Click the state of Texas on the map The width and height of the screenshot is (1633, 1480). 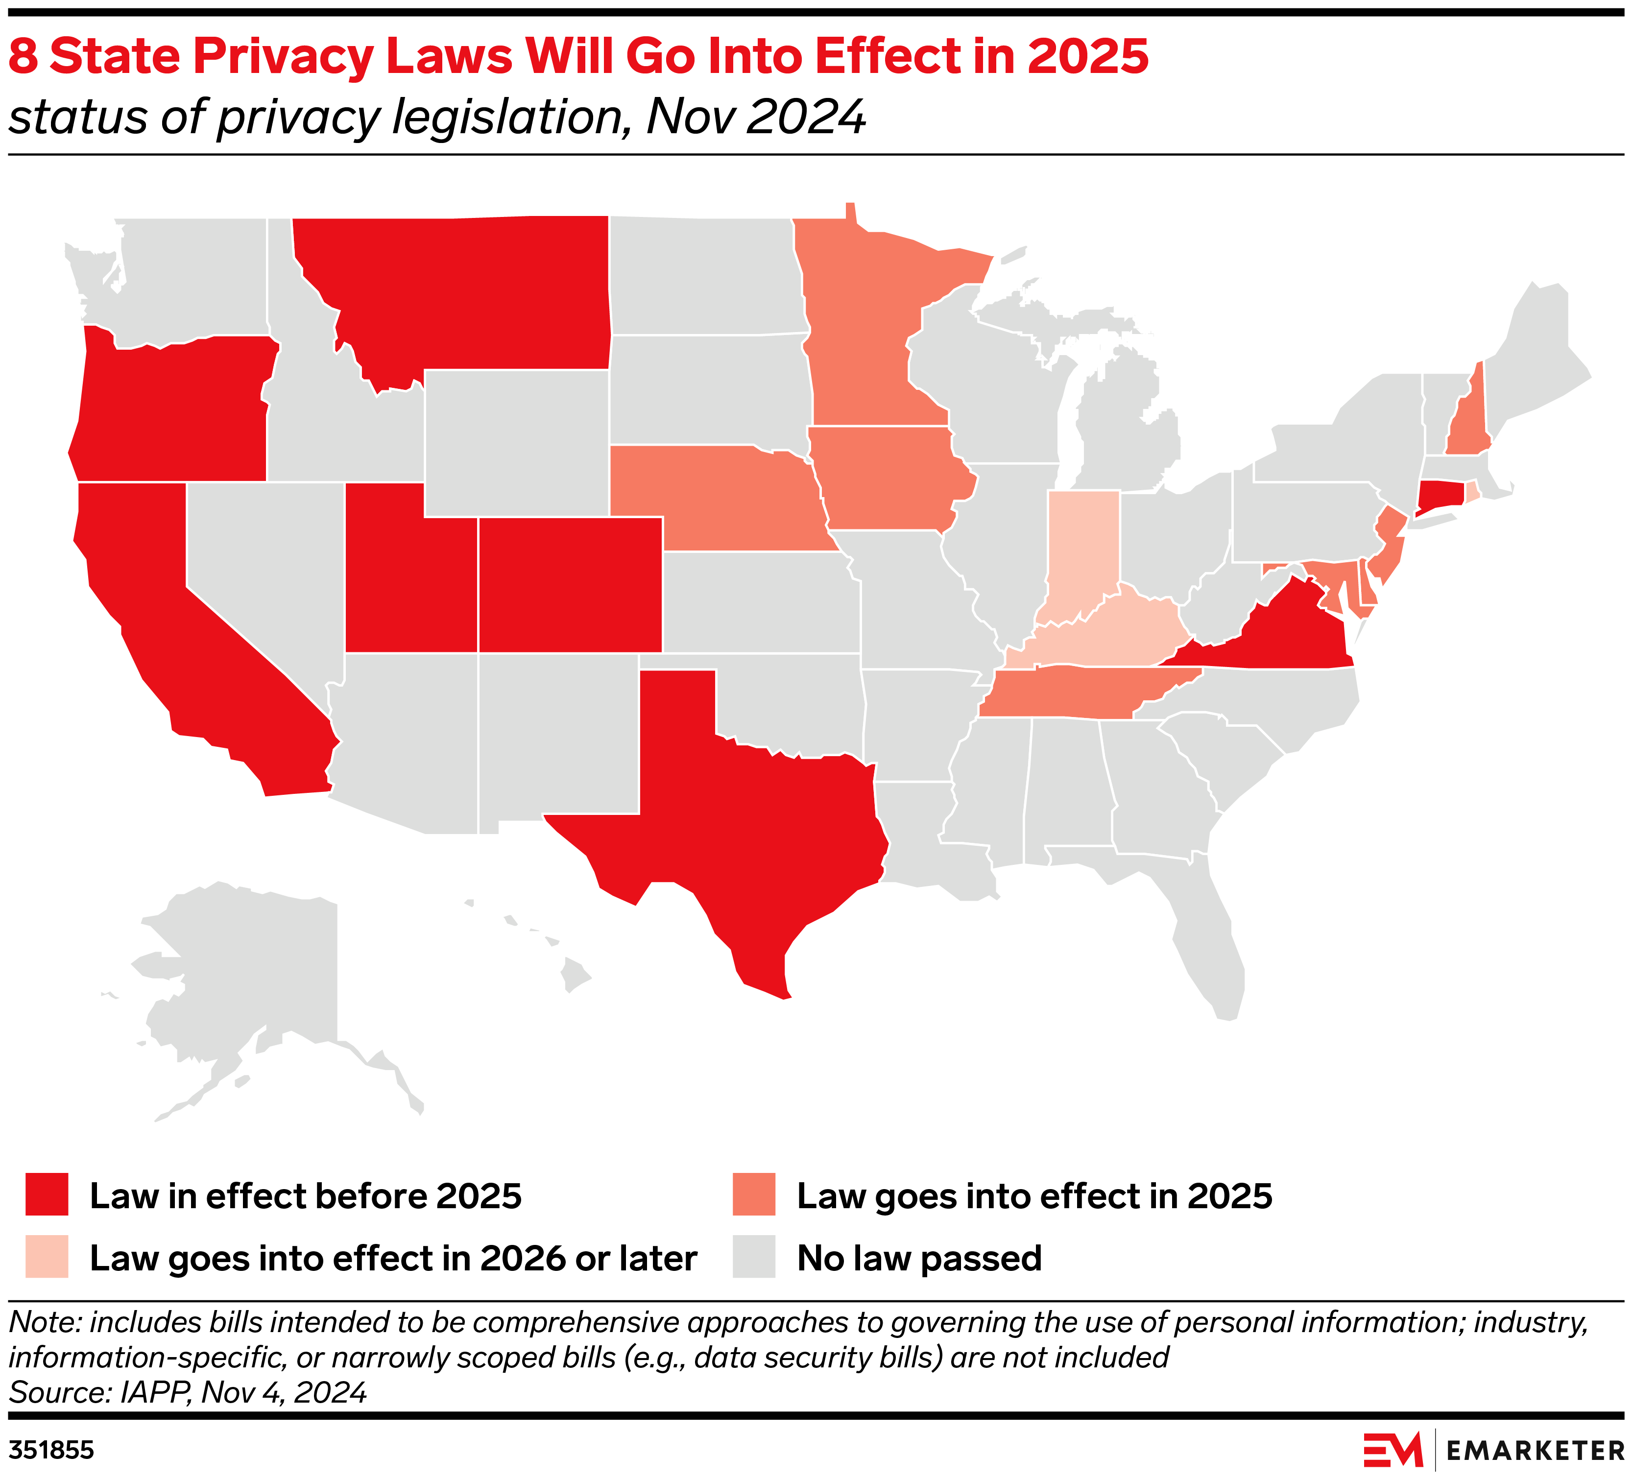click(x=753, y=818)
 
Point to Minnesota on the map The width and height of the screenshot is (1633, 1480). click(x=867, y=340)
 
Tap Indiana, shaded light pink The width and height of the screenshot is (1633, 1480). click(x=1081, y=551)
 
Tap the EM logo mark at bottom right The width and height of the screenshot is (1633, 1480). click(x=1393, y=1449)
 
